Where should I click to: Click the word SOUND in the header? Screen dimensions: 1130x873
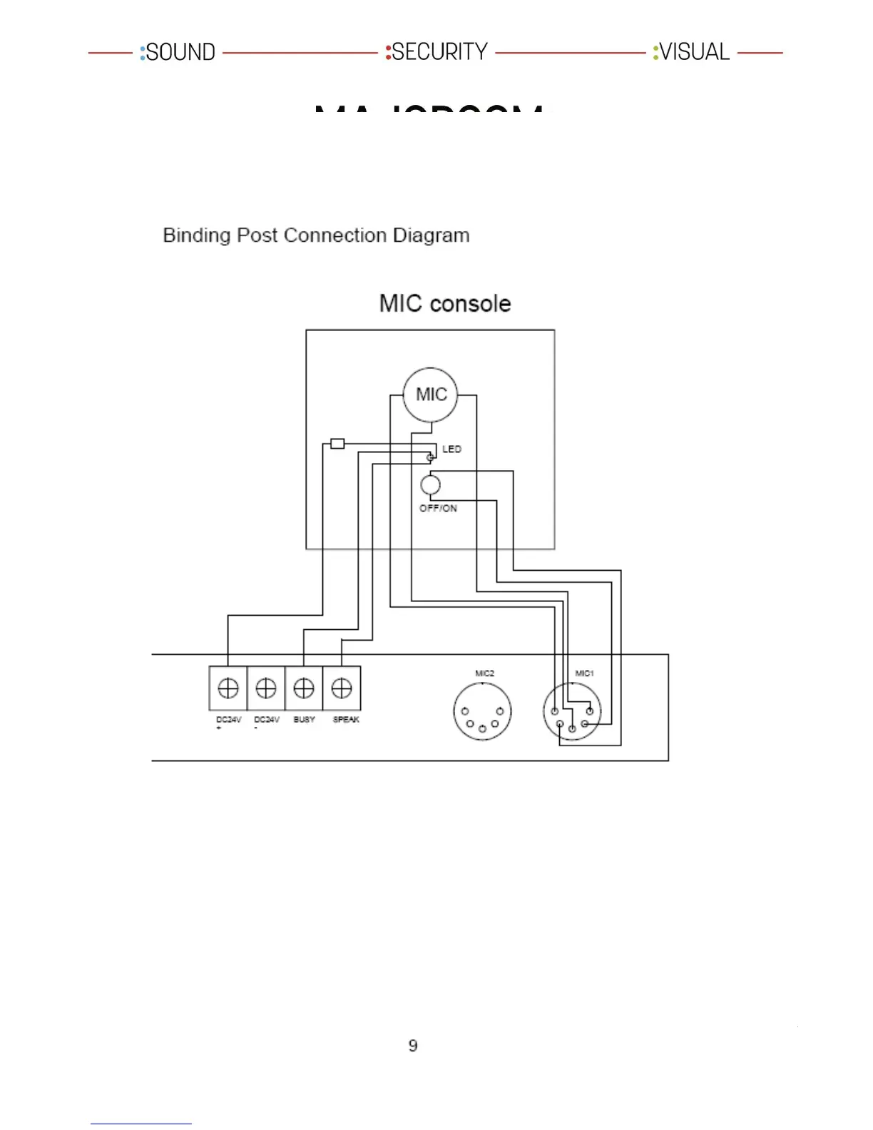pyautogui.click(x=180, y=52)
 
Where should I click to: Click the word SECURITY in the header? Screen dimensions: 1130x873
pyautogui.click(x=439, y=52)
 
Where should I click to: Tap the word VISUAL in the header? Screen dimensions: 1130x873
pyautogui.click(x=694, y=52)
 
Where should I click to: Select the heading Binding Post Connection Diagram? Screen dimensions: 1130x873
pyautogui.click(x=316, y=235)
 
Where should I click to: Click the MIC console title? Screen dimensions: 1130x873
pyautogui.click(x=445, y=303)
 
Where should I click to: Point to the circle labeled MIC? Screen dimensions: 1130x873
pyautogui.click(x=431, y=395)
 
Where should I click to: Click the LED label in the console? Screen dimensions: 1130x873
pyautogui.click(x=451, y=449)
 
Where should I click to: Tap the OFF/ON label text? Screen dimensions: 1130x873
pyautogui.click(x=438, y=508)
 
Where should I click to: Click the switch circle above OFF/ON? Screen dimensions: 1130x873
pyautogui.click(x=430, y=485)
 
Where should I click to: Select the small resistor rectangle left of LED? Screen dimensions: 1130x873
pyautogui.click(x=337, y=444)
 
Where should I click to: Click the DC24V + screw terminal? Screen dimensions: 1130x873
pyautogui.click(x=228, y=688)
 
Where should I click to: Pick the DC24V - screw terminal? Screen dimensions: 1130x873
pyautogui.click(x=266, y=688)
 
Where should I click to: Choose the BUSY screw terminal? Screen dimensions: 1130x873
pyautogui.click(x=304, y=688)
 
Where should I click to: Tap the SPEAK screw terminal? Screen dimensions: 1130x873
pyautogui.click(x=342, y=688)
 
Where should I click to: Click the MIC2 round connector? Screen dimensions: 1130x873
pyautogui.click(x=482, y=712)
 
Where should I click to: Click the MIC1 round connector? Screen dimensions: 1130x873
pyautogui.click(x=572, y=712)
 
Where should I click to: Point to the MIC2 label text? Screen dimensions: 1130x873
pyautogui.click(x=484, y=673)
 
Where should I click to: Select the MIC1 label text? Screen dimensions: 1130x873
pyautogui.click(x=584, y=673)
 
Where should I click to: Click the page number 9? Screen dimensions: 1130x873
pyautogui.click(x=413, y=1046)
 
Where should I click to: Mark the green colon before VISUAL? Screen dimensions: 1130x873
pyautogui.click(x=655, y=52)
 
